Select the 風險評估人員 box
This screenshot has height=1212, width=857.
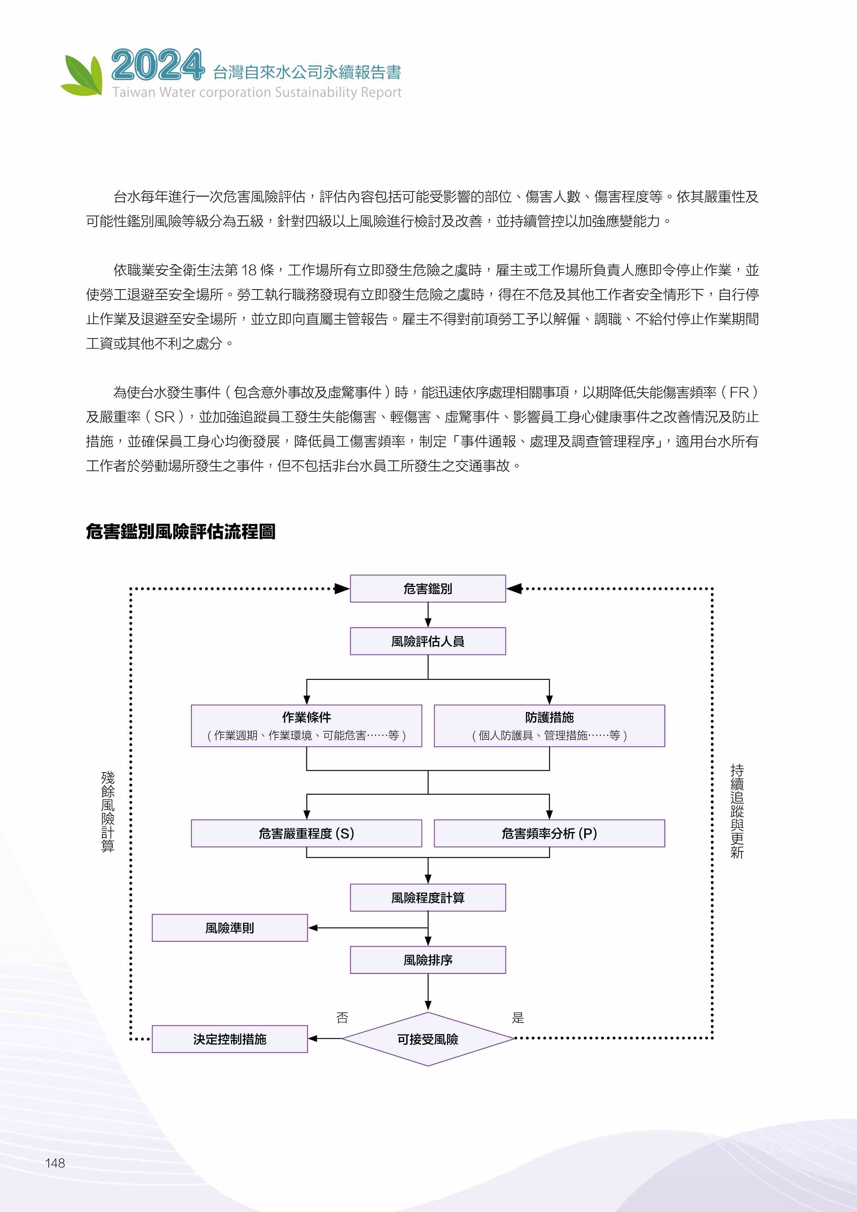[x=428, y=641]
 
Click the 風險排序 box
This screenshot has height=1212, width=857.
[x=428, y=960]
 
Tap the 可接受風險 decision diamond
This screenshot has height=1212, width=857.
[x=428, y=1039]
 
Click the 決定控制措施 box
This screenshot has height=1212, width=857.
[x=230, y=1039]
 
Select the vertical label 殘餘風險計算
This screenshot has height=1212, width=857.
[x=108, y=811]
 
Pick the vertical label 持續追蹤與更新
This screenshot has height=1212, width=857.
[x=737, y=811]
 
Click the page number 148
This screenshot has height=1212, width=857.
[x=55, y=1163]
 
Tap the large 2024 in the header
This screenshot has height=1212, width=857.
[x=157, y=65]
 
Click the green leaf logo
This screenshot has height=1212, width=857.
[x=82, y=75]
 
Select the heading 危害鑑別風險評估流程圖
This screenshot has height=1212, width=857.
[x=180, y=531]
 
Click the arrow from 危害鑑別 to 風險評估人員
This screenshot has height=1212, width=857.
[x=428, y=614]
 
